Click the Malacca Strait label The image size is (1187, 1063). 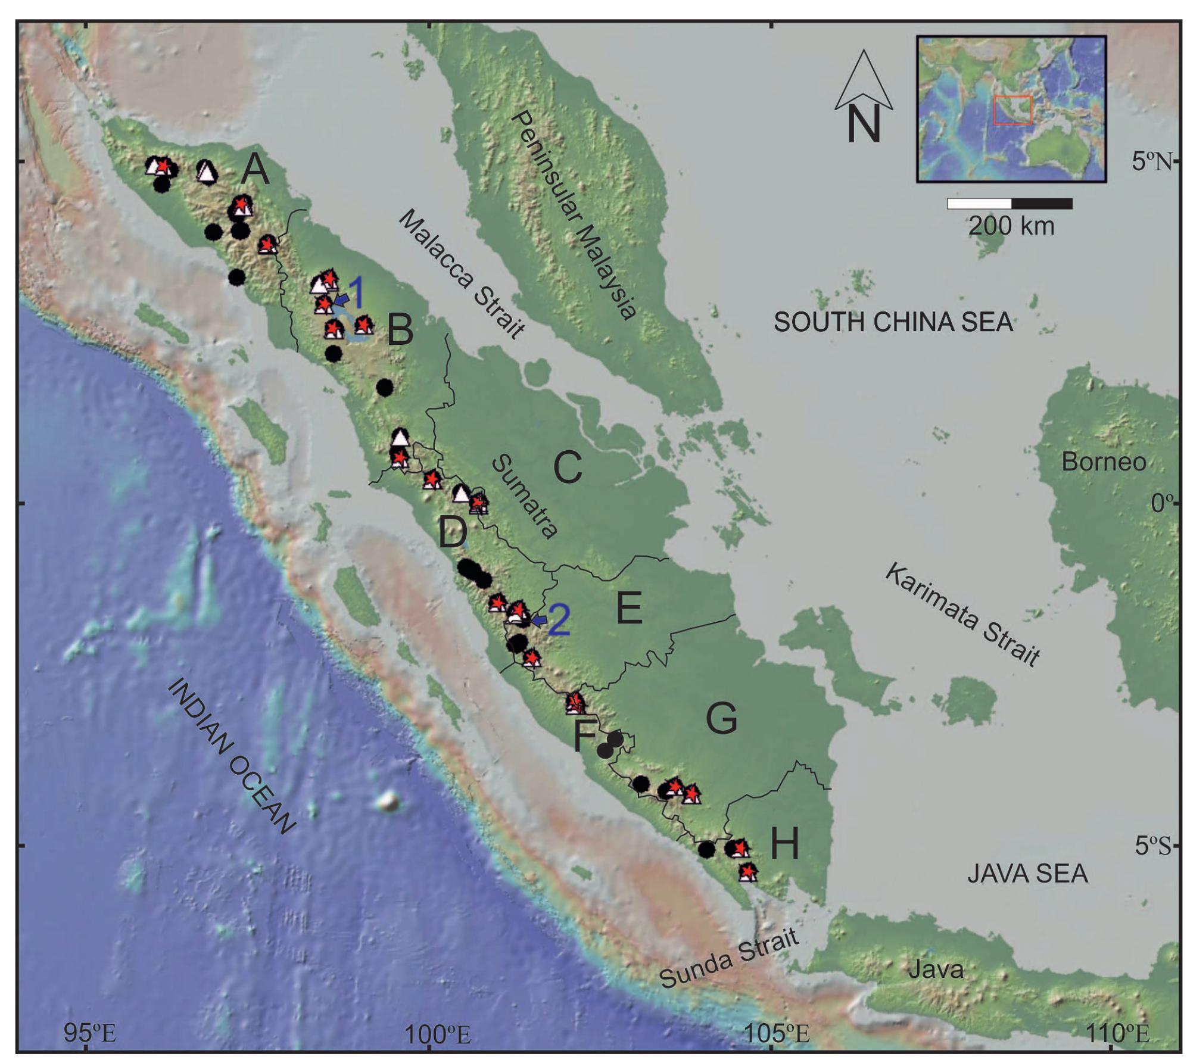[462, 274]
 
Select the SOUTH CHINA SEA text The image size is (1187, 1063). [893, 323]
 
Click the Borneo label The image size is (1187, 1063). [1103, 462]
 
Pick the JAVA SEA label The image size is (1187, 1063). [1027, 874]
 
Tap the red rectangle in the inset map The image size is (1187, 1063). [1012, 110]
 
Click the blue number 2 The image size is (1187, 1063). [559, 621]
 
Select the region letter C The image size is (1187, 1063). [567, 467]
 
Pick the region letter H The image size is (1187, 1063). [784, 844]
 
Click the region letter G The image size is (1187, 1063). [721, 719]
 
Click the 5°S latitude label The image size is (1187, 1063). [1152, 845]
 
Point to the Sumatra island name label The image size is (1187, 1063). [524, 496]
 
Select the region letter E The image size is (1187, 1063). [629, 608]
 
